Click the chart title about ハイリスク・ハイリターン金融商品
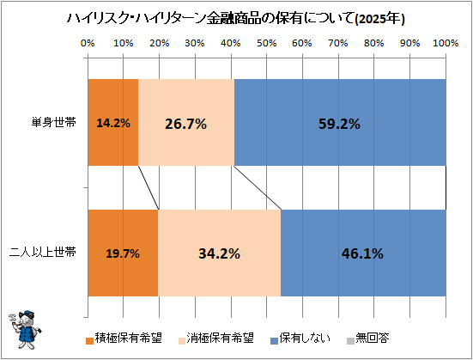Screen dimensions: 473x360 point(235,19)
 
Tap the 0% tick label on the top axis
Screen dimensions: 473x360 point(88,43)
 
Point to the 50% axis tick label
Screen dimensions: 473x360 point(266,43)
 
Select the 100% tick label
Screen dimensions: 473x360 point(446,43)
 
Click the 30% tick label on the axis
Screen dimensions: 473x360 point(195,43)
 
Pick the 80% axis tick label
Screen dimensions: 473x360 point(373,43)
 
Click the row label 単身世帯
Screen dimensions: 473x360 point(54,122)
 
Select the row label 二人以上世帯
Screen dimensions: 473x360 point(43,253)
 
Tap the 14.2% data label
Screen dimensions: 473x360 point(113,123)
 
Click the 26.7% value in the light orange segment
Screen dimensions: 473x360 point(185,124)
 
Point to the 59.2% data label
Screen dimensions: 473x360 point(339,124)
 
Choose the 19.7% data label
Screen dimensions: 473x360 point(123,253)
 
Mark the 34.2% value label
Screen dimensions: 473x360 point(219,253)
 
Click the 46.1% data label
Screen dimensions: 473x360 point(362,253)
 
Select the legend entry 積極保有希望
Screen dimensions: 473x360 point(124,339)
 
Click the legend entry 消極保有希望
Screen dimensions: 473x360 point(216,339)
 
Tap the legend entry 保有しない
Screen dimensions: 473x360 point(300,339)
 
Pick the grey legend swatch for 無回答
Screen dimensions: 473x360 point(350,341)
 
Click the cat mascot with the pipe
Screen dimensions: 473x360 point(25,330)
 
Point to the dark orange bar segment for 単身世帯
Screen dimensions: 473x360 point(112,122)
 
